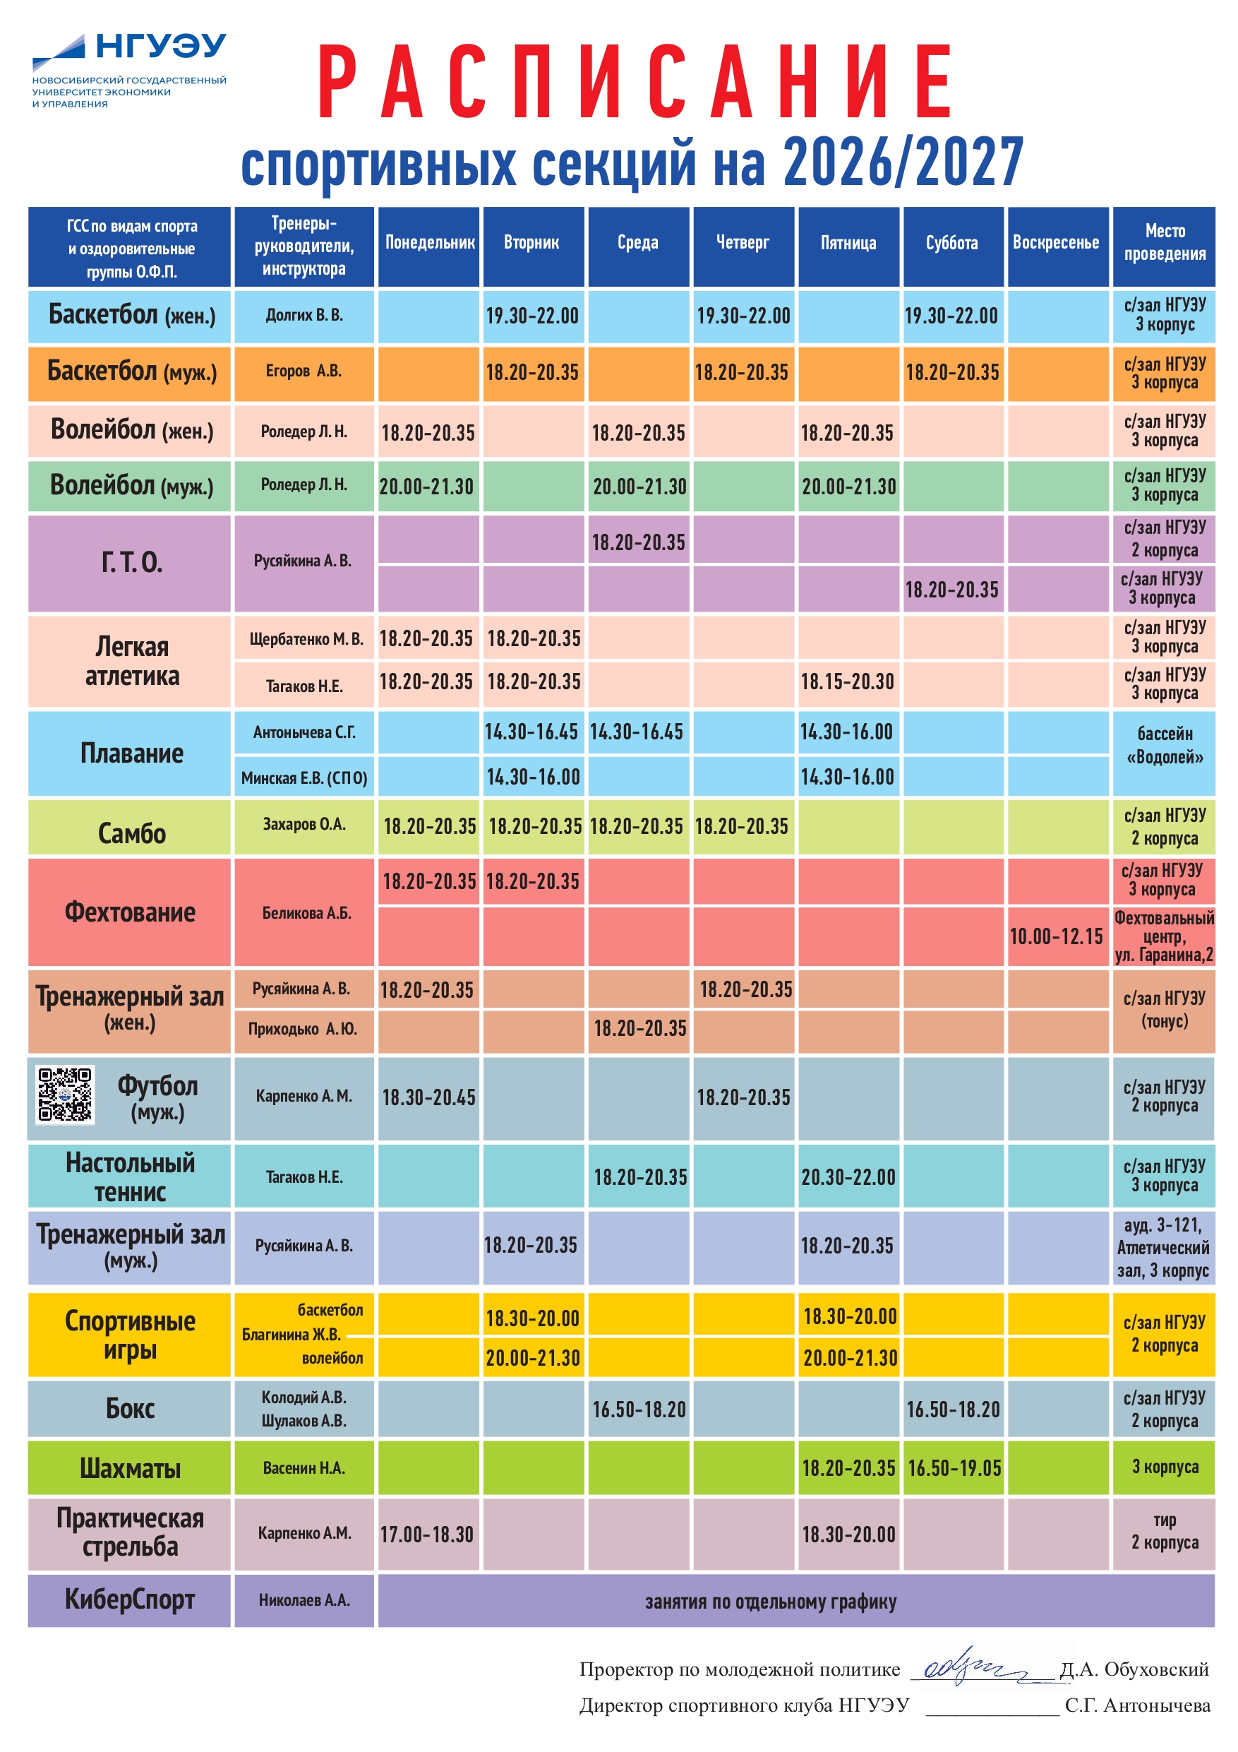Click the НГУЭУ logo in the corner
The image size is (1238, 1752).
coord(129,70)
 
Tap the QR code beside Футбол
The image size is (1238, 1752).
coord(65,1095)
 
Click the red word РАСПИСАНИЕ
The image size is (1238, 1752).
coord(635,81)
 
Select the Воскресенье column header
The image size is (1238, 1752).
coord(1057,243)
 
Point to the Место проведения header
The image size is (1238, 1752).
coord(1164,243)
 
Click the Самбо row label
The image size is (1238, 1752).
coord(131,833)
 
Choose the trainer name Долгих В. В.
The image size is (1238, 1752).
coord(304,315)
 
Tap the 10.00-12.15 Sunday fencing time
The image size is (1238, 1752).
coord(1057,936)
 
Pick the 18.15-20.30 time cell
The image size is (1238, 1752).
coord(848,681)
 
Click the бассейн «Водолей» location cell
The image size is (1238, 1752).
coord(1164,746)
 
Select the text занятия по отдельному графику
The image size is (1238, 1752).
coord(771,1602)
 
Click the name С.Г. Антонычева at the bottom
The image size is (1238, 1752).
coord(1137,1705)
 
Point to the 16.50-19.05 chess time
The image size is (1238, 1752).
coord(954,1467)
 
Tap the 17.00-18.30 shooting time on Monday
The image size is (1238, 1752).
coord(427,1535)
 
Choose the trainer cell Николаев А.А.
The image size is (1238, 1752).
coord(304,1600)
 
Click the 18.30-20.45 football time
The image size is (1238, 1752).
coord(428,1097)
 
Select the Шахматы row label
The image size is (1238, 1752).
coord(131,1468)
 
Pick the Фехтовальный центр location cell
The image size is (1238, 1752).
coord(1164,936)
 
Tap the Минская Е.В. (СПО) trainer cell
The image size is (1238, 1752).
coord(304,777)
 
